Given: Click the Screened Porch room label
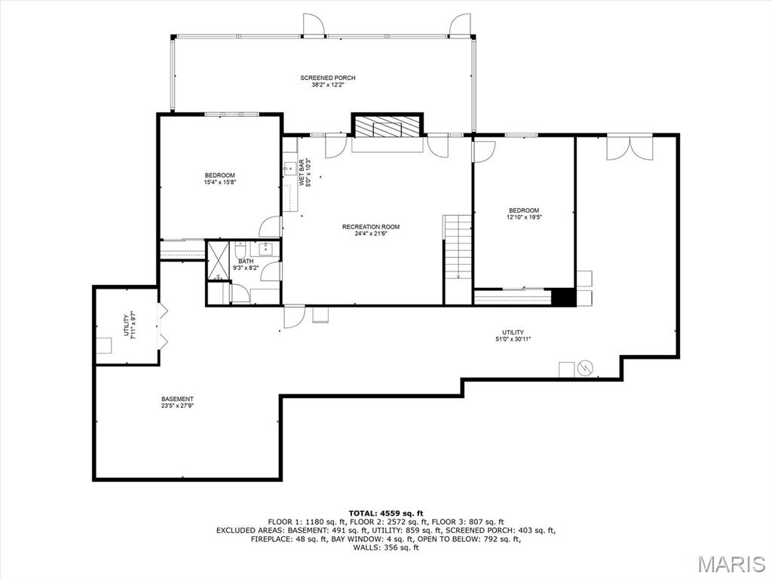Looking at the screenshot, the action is pyautogui.click(x=328, y=78).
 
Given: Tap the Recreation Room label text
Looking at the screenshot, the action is pyautogui.click(x=371, y=227).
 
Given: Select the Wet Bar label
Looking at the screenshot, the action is pyautogui.click(x=302, y=172).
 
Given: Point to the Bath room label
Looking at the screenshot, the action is pyautogui.click(x=247, y=261).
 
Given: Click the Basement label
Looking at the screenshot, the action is pyautogui.click(x=177, y=399).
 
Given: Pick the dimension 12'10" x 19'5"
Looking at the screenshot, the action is pyautogui.click(x=525, y=217).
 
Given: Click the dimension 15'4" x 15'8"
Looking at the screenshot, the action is pyautogui.click(x=220, y=182).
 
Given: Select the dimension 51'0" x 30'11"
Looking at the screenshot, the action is pyautogui.click(x=513, y=339).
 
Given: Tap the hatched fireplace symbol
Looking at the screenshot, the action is pyautogui.click(x=387, y=127).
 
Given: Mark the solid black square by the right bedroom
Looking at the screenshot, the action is pyautogui.click(x=563, y=297).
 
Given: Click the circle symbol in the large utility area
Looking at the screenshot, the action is pyautogui.click(x=585, y=367).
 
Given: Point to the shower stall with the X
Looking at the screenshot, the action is pyautogui.click(x=218, y=261).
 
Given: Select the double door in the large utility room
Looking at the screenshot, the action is pyautogui.click(x=630, y=147).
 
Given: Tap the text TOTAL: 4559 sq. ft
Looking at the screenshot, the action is pyautogui.click(x=386, y=513).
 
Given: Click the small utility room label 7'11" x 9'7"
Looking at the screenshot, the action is pyautogui.click(x=129, y=326).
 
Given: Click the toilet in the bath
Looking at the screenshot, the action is pyautogui.click(x=240, y=250).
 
